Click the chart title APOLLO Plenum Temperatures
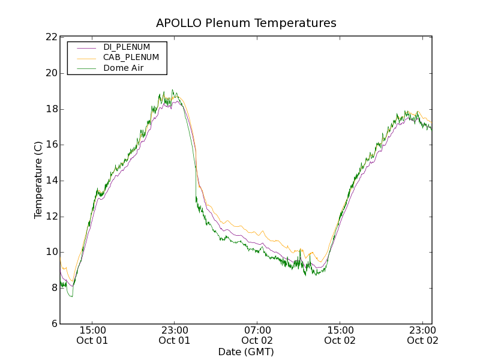[x=246, y=23]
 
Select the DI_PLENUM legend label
[x=127, y=47]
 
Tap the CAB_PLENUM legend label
[x=131, y=58]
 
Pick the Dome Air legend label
[x=123, y=68]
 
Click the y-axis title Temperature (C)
[x=38, y=180]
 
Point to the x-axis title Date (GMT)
[x=246, y=352]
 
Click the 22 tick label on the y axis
[x=51, y=37]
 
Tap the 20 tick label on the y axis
[x=51, y=73]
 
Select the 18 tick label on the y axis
[x=51, y=109]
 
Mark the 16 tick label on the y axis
[x=51, y=145]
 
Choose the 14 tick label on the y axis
[x=51, y=181]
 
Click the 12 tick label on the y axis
[x=51, y=217]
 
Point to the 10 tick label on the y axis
[x=51, y=252]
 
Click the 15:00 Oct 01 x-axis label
[x=92, y=335]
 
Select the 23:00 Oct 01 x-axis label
[x=175, y=335]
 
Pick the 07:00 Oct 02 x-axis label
[x=257, y=335]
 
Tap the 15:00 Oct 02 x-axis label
[x=340, y=335]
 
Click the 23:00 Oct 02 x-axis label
[x=422, y=335]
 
